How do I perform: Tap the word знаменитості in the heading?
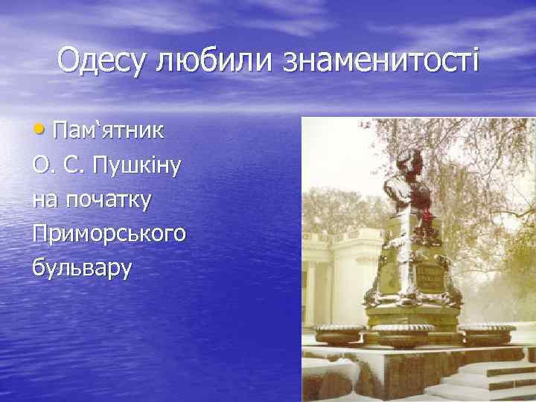tap(380, 60)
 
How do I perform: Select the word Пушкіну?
tap(135, 165)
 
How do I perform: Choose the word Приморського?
tap(109, 233)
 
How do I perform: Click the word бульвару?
tap(82, 267)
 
